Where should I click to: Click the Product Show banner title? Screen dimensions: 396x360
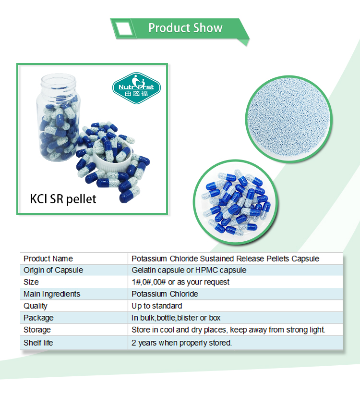click(185, 28)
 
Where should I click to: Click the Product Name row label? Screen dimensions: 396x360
click(48, 259)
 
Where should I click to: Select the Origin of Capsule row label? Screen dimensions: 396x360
click(53, 270)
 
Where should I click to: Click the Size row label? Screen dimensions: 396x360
click(31, 282)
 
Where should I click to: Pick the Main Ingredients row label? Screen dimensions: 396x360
click(52, 294)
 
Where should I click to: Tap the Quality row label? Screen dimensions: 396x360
click(36, 306)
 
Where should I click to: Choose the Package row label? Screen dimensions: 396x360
click(38, 318)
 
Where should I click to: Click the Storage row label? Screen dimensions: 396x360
click(37, 330)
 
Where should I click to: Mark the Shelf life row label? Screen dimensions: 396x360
click(38, 343)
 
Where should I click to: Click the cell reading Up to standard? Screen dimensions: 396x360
click(157, 306)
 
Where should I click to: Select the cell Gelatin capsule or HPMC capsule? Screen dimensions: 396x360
click(189, 270)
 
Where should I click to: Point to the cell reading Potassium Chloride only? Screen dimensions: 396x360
click(165, 294)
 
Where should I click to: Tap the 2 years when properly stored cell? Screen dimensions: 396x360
click(181, 343)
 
